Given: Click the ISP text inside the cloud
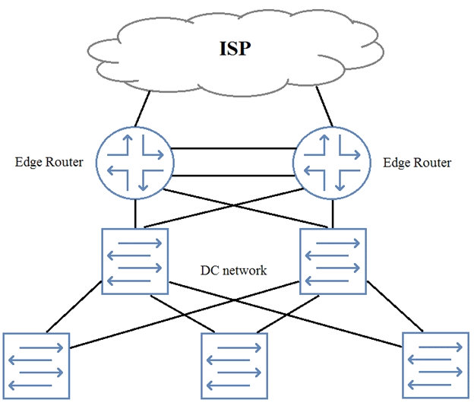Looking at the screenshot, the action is (x=235, y=49).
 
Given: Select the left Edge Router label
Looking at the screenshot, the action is (x=49, y=162).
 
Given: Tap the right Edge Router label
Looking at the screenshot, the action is (x=417, y=163).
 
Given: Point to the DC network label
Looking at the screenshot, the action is (x=233, y=270).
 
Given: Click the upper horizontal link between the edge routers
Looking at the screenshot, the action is (x=233, y=148).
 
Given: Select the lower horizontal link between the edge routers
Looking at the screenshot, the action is (x=233, y=176).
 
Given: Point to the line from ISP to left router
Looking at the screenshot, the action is (x=142, y=109).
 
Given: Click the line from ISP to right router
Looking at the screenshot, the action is (x=324, y=106).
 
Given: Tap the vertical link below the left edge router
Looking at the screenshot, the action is (x=135, y=214).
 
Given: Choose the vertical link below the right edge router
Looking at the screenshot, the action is (x=333, y=214).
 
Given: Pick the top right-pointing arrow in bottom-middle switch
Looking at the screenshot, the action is (x=239, y=347).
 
